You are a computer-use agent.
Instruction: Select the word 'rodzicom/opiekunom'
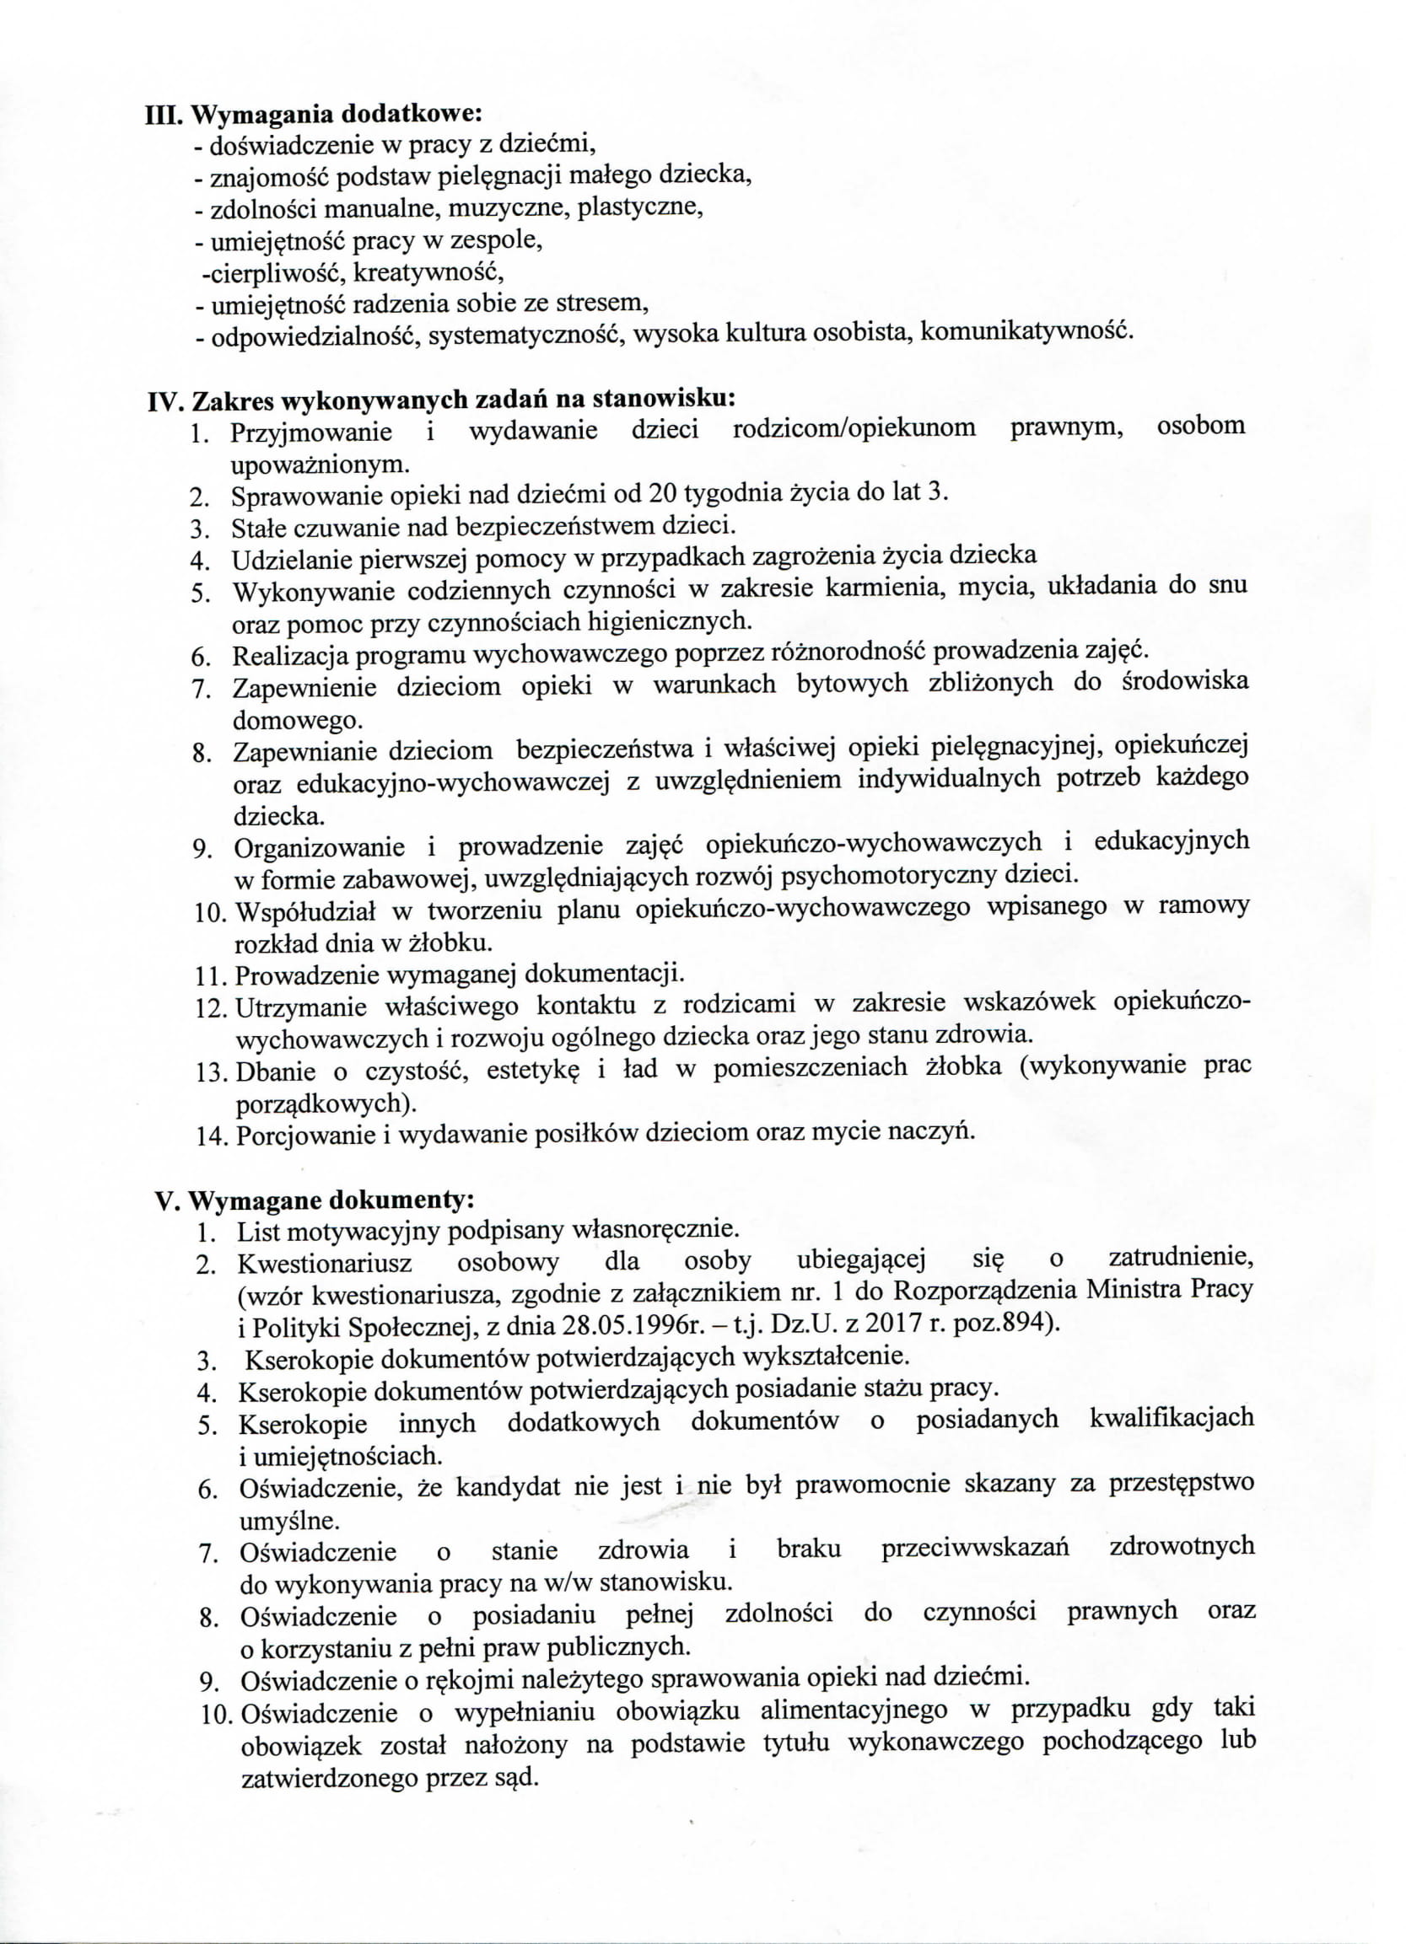(x=854, y=428)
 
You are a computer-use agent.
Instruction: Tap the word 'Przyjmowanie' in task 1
(x=311, y=432)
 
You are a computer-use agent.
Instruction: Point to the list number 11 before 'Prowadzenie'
(x=211, y=976)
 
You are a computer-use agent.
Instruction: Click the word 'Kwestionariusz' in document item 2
(x=324, y=1265)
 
